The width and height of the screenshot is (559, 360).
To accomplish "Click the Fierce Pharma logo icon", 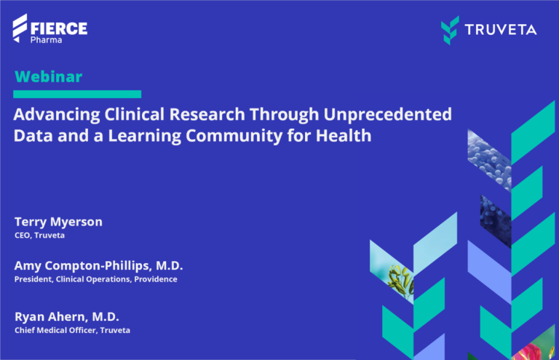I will [20, 28].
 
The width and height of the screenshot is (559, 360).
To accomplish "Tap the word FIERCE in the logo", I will [59, 28].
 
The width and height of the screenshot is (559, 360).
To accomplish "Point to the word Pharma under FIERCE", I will [45, 41].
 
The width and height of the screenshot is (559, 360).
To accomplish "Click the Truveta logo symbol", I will [451, 29].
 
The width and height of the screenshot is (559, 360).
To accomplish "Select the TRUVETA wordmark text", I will [502, 29].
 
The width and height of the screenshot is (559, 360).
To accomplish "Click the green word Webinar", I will [48, 76].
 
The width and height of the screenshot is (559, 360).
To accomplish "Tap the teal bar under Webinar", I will [77, 94].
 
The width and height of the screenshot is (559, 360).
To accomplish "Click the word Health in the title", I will [346, 135].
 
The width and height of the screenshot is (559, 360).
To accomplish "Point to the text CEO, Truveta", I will [40, 235].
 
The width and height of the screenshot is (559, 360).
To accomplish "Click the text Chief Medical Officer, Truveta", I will [72, 330].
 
